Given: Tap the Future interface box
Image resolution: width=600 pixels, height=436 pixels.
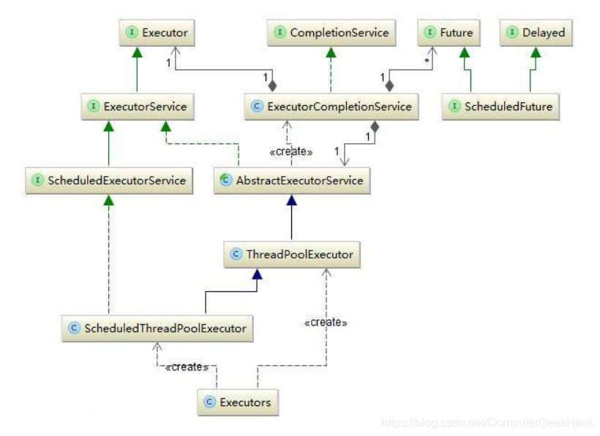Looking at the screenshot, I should (x=449, y=32).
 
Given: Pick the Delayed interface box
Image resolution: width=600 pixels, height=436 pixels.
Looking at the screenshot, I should (x=536, y=32).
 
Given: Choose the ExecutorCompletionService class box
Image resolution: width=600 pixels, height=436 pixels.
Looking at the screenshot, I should (x=331, y=107).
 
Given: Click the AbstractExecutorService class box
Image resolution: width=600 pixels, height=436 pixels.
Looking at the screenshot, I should (x=291, y=180).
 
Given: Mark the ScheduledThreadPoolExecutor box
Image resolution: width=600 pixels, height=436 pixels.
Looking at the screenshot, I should (x=157, y=328).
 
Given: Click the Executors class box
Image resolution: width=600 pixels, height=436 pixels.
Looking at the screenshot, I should (x=239, y=402).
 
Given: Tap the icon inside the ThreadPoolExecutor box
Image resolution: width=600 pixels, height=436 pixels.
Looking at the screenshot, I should (x=236, y=255).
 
